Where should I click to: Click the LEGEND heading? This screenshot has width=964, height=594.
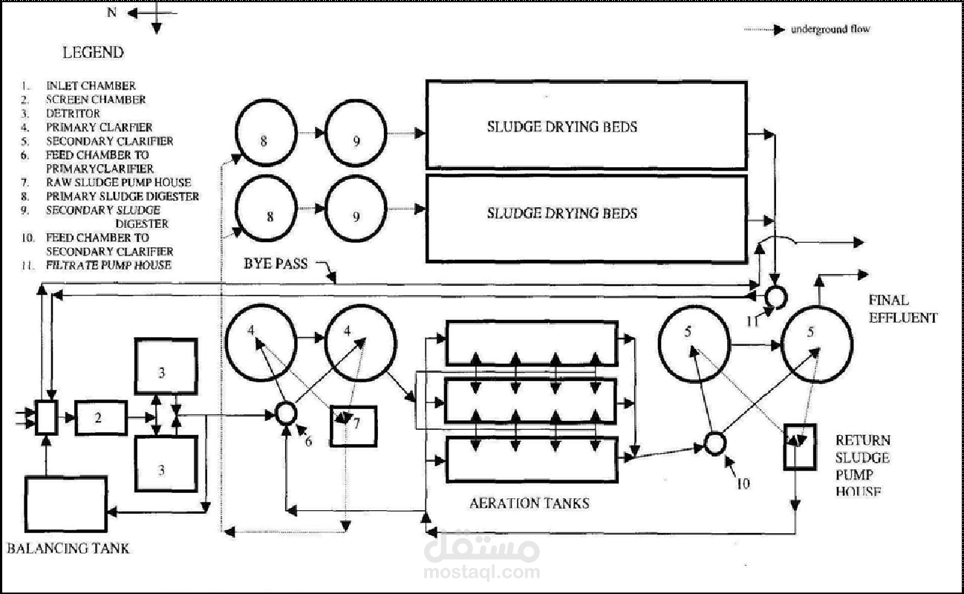(93, 53)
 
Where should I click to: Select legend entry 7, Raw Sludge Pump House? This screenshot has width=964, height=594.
(106, 183)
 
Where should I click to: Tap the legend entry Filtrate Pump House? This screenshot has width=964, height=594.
(97, 265)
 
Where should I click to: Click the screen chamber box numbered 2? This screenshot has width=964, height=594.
(101, 417)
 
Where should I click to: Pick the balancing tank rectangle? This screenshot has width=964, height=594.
(66, 503)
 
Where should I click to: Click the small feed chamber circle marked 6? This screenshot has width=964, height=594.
(286, 414)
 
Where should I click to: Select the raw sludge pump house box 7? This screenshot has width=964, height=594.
(354, 426)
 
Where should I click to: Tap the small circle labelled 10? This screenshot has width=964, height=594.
(714, 443)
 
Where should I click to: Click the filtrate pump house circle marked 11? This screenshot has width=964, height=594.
(776, 297)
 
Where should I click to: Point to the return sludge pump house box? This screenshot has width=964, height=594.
(800, 447)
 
